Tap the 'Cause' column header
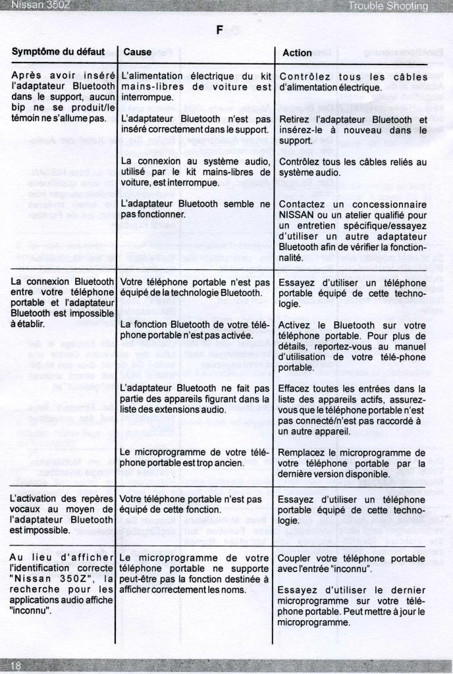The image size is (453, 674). point(137,51)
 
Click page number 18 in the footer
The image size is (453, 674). point(16,667)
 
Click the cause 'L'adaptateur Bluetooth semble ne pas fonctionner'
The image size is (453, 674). point(196,209)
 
